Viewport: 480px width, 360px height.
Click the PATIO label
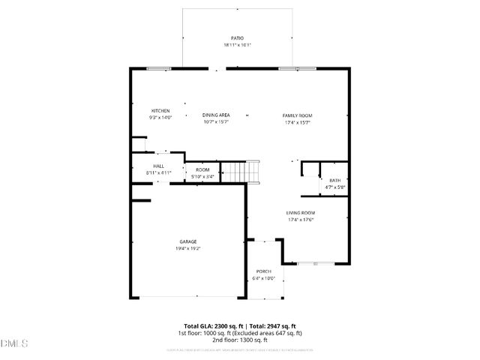[x=237, y=37]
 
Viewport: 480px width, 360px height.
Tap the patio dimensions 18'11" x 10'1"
[x=237, y=45]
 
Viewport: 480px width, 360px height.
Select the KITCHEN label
[x=160, y=110]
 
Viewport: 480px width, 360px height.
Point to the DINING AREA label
[x=216, y=115]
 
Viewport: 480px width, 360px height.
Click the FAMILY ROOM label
[x=297, y=115]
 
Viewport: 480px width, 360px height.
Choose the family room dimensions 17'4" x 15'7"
[x=297, y=121]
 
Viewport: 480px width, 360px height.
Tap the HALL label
[x=159, y=166]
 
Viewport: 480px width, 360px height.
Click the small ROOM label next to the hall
[x=202, y=169]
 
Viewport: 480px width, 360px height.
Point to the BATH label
[x=334, y=180]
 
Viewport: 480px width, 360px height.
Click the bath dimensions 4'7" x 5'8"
[x=334, y=187]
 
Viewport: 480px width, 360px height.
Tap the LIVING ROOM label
[x=300, y=213]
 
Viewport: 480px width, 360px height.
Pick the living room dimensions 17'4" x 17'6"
[x=300, y=220]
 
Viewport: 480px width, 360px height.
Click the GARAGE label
[x=187, y=241]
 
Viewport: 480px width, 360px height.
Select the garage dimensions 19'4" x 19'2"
[x=187, y=247]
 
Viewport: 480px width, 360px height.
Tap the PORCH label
[x=264, y=271]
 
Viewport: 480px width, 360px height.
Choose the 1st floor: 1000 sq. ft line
[x=240, y=333]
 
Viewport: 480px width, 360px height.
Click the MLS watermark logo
[x=14, y=343]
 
